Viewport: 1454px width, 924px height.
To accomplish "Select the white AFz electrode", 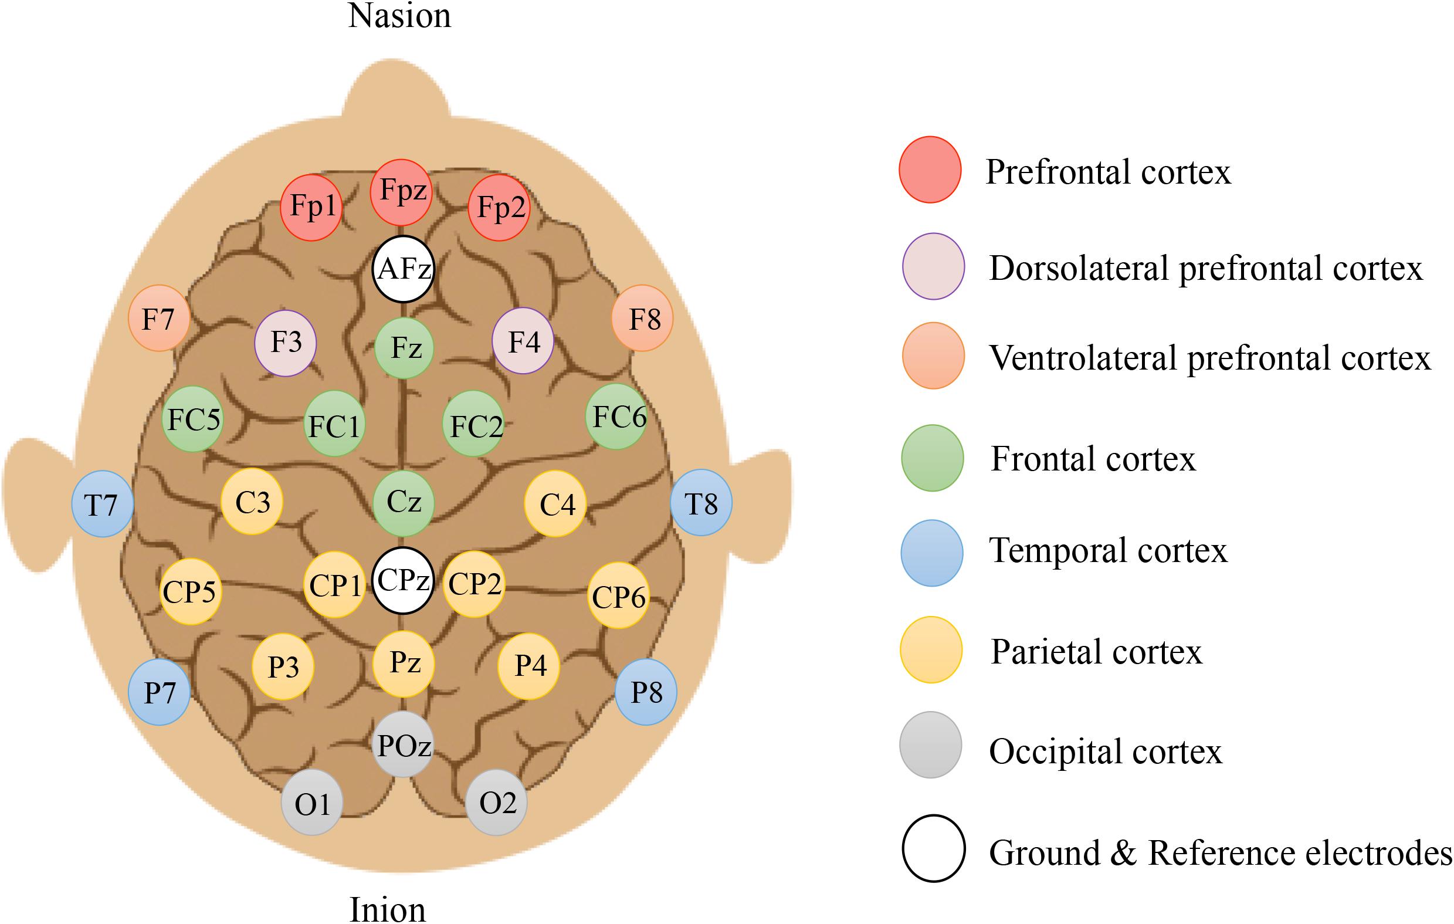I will (404, 269).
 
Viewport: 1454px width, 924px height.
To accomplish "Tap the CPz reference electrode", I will (403, 580).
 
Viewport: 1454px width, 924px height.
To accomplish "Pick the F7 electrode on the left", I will (159, 318).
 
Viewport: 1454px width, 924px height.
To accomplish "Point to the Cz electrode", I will (403, 503).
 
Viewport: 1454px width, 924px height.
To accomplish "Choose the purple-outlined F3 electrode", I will (286, 343).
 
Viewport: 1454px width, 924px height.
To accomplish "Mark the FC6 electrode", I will (616, 417).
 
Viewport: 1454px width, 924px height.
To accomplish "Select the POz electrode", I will (404, 744).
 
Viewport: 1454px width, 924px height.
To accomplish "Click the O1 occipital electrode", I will (312, 803).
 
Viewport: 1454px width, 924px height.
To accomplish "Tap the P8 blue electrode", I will (646, 692).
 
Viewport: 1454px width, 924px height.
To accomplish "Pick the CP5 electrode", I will (190, 591).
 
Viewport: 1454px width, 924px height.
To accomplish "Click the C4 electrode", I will (555, 505).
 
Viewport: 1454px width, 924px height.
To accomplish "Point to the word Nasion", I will (399, 16).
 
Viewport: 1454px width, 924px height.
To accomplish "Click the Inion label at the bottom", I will (388, 909).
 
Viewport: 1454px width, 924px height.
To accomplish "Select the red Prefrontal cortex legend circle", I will (930, 170).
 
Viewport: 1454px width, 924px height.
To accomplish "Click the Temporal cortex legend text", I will (1108, 551).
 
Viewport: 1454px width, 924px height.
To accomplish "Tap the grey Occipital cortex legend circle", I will (930, 744).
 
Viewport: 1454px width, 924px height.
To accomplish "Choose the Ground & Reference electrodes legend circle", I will (934, 848).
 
